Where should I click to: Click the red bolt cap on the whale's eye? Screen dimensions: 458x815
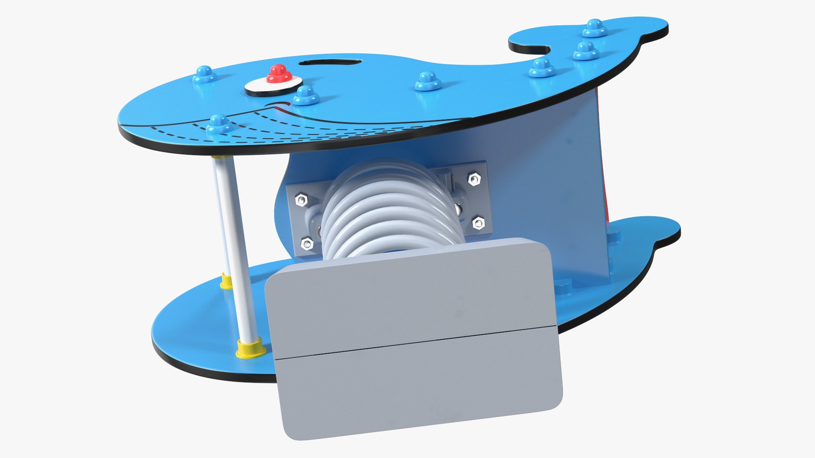click(x=279, y=74)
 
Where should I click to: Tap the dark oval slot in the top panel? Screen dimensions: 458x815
click(x=330, y=62)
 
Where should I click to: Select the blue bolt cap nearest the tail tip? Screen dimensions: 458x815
click(x=595, y=28)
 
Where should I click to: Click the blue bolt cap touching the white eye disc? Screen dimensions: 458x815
click(x=306, y=95)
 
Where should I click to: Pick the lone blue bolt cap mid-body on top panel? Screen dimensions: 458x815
click(x=428, y=81)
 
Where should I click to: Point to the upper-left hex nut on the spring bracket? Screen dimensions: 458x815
click(x=301, y=200)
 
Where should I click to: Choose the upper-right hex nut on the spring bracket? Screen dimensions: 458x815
click(x=474, y=180)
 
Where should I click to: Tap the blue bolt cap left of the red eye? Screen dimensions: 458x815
click(x=205, y=75)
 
